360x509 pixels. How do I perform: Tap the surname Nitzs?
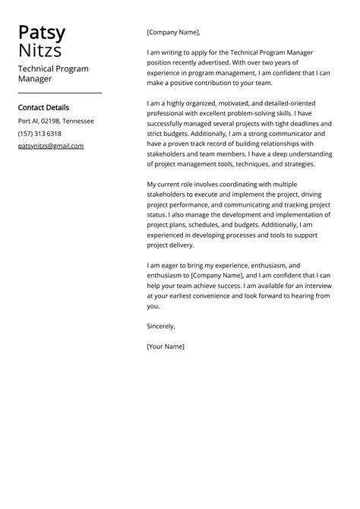click(x=40, y=51)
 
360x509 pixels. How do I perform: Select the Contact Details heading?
click(x=43, y=107)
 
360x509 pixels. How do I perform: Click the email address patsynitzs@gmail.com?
click(x=51, y=146)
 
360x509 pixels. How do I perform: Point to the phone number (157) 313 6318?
click(x=39, y=133)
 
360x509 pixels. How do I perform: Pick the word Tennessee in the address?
click(x=78, y=121)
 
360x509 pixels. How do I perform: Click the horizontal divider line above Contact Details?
click(x=59, y=93)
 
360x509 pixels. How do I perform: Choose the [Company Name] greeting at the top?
click(x=173, y=32)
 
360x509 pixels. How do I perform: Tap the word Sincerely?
click(x=161, y=326)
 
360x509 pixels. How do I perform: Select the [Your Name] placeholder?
click(x=166, y=346)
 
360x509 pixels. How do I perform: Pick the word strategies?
click(x=295, y=164)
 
